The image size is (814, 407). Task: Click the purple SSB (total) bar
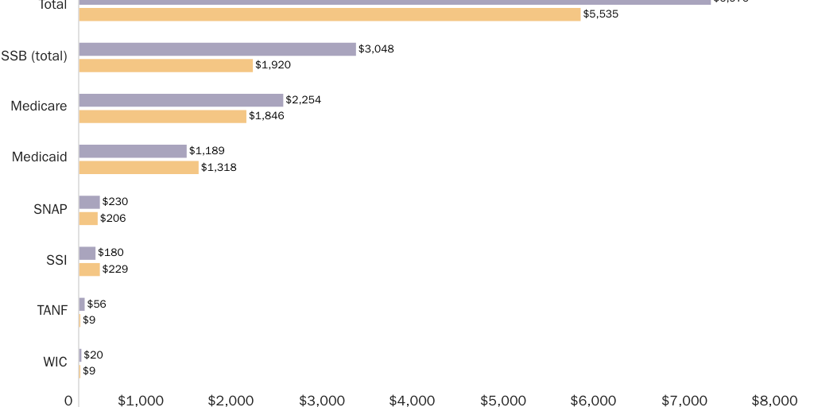pos(217,49)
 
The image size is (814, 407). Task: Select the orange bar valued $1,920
pos(165,65)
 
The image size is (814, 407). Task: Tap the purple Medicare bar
pos(180,100)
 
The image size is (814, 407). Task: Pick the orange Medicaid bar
pos(138,167)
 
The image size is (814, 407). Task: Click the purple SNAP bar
pos(89,202)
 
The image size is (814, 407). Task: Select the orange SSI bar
pos(89,269)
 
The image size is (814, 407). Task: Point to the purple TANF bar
pos(82,304)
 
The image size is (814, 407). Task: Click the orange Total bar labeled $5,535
pos(329,14)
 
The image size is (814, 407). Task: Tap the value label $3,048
pos(376,49)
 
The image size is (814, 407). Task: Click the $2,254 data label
pos(303,100)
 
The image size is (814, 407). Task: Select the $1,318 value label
pos(219,167)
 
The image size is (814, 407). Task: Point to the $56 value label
pos(96,304)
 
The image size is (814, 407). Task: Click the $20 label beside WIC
pos(93,355)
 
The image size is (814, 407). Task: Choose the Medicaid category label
pos(40,157)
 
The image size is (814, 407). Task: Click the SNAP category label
pos(50,209)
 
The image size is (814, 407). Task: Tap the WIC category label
pos(55,362)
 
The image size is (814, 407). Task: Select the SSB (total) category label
pos(34,56)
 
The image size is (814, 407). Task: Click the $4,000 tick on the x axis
pos(412,400)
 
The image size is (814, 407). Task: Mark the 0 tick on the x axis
pos(69,400)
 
